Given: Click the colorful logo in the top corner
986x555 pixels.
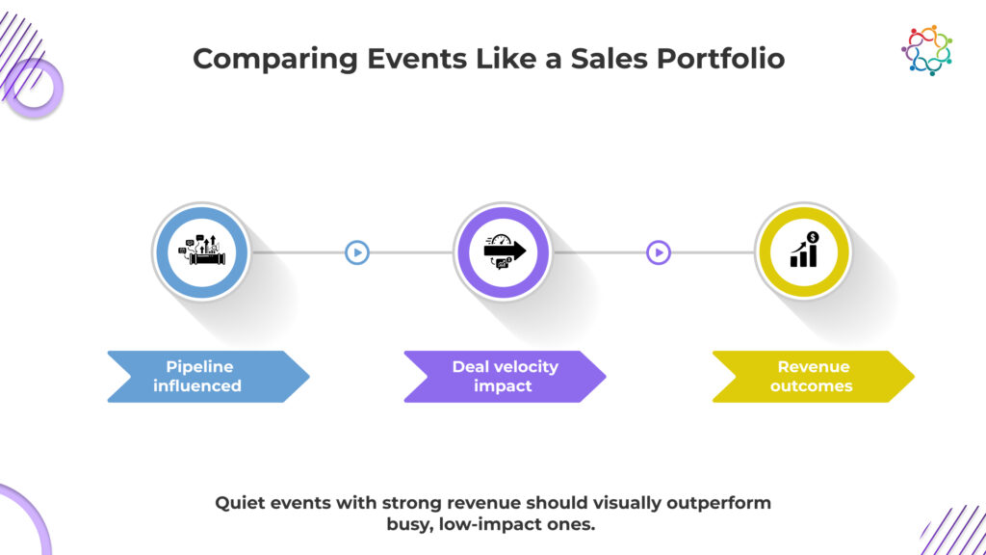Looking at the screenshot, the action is (x=927, y=50).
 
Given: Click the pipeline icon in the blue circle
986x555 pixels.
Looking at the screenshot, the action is (x=201, y=251).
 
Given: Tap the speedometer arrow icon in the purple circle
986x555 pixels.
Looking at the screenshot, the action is (x=503, y=251).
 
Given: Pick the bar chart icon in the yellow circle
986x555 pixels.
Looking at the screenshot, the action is (x=804, y=250).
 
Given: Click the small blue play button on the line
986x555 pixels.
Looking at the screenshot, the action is (x=357, y=252).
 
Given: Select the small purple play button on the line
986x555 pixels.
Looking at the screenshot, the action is (x=659, y=252).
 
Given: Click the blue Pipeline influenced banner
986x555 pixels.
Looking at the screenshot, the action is (x=208, y=377).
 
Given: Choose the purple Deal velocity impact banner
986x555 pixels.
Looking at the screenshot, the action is (x=505, y=377).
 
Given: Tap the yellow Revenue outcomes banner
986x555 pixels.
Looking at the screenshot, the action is (x=813, y=377).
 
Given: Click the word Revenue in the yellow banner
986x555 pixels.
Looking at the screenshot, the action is (x=814, y=366).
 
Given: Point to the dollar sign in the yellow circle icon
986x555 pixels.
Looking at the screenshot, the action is (x=813, y=237).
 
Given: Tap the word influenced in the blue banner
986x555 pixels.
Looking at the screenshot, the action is (x=197, y=385).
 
